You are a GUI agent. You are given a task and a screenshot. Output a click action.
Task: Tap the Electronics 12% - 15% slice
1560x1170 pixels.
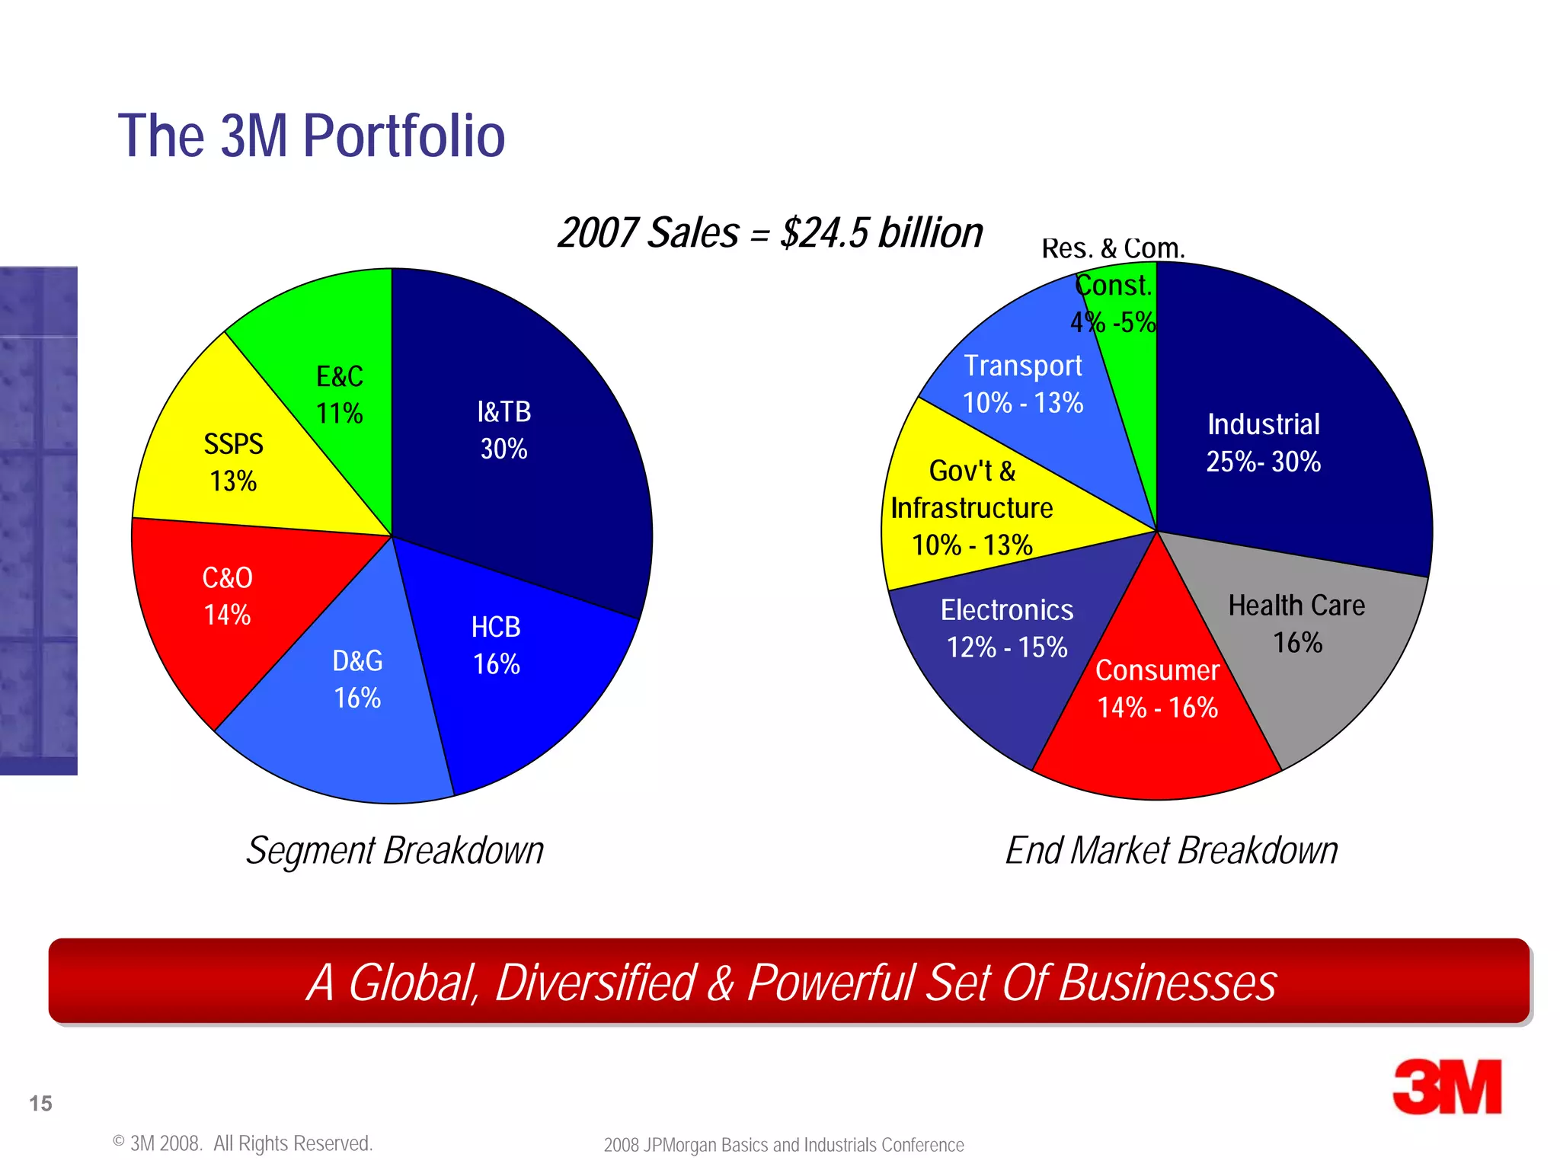[x=998, y=647]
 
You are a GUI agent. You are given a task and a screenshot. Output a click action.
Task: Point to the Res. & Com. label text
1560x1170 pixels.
[x=1113, y=248]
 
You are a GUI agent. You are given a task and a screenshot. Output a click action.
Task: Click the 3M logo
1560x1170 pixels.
[x=1447, y=1087]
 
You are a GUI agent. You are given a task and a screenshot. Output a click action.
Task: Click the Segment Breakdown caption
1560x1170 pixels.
[x=395, y=850]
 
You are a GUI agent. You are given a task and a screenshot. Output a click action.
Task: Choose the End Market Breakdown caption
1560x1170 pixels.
[x=1171, y=850]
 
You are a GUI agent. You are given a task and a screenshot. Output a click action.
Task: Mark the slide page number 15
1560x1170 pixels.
[x=40, y=1103]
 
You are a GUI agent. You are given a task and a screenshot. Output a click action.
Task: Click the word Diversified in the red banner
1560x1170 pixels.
[x=596, y=983]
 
